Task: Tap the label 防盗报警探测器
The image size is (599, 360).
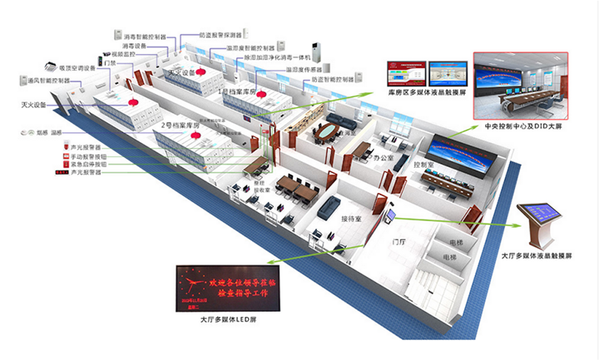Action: [222, 35]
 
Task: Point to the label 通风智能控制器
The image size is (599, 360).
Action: [41, 81]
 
